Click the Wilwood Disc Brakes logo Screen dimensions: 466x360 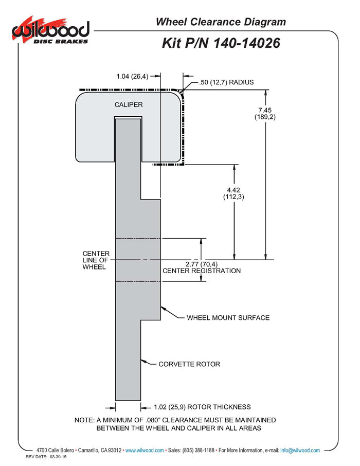coord(50,32)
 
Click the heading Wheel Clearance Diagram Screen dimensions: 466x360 coord(221,22)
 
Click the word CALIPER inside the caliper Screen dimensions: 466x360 coord(129,105)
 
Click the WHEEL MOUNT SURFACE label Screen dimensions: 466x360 coord(228,318)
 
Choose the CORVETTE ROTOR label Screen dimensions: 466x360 coord(189,364)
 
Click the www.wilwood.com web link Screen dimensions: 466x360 coord(145,451)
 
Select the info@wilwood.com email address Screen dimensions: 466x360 coord(300,451)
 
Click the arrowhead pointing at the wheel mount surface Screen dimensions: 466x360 coord(163,309)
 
